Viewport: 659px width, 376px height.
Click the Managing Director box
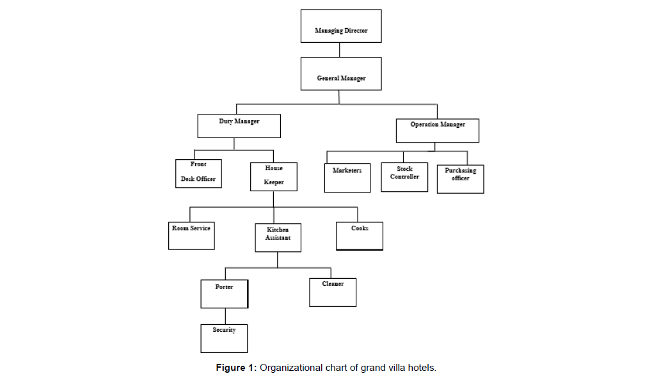[341, 26]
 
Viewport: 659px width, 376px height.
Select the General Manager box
[341, 74]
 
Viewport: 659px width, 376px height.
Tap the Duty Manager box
[239, 125]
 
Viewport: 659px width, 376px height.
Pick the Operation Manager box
[437, 130]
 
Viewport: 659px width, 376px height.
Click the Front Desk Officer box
[198, 173]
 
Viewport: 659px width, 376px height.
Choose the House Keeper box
[274, 176]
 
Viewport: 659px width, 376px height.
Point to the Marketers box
[347, 178]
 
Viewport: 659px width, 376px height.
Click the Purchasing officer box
[460, 179]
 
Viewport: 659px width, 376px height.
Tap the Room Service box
[191, 235]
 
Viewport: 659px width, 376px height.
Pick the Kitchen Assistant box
[278, 237]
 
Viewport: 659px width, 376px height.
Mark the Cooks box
[359, 235]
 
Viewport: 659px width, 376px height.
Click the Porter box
[224, 294]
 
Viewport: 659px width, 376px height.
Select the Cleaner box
[333, 292]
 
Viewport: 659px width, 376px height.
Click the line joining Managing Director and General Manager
[340, 50]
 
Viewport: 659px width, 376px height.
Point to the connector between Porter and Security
[225, 316]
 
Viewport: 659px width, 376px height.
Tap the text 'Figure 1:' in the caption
[236, 368]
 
